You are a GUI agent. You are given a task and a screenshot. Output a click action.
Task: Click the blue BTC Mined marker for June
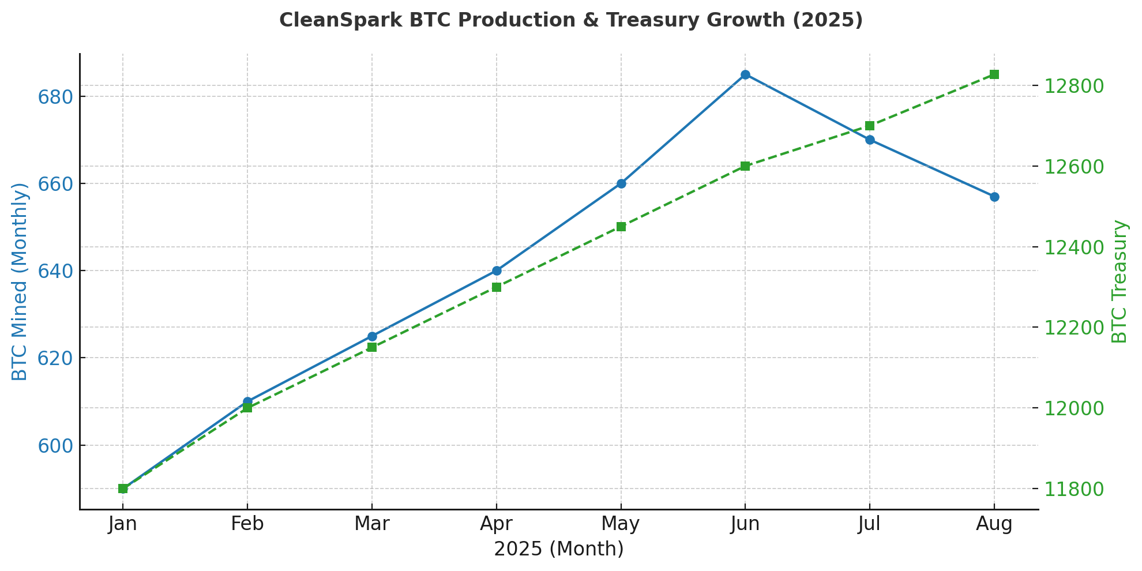[x=745, y=74]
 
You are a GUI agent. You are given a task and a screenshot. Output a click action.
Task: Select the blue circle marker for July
[x=870, y=140]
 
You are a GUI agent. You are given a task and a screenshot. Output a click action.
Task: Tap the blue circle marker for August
[x=994, y=197]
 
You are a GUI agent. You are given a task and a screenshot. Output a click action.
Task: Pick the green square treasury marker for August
[x=994, y=74]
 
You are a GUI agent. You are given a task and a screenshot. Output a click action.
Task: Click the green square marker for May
[x=621, y=227]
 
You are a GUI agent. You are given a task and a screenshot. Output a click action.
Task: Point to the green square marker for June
[x=745, y=166]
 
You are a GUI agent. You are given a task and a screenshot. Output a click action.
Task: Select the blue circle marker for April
[x=497, y=271]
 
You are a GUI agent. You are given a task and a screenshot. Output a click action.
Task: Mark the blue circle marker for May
[x=621, y=183]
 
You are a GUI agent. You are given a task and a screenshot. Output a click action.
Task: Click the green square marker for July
[x=870, y=126]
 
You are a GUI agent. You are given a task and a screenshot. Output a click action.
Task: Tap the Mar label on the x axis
[x=372, y=524]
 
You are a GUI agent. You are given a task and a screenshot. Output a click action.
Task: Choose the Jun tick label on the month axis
[x=745, y=524]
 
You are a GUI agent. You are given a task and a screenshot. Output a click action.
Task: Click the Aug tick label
[x=994, y=524]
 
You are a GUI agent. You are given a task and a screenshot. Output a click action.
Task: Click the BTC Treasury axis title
[x=1119, y=281]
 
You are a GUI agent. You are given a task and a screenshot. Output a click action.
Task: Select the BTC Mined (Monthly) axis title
[x=20, y=281]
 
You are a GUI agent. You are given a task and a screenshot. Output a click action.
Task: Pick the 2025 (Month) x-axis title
[x=558, y=549]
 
